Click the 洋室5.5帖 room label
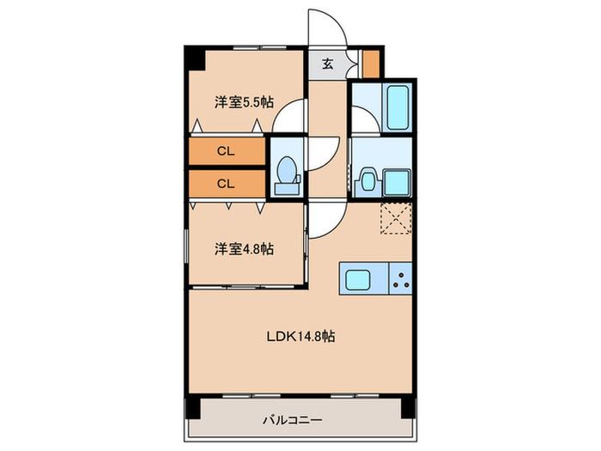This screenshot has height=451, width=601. click(244, 101)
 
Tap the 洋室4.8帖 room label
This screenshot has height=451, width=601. click(244, 249)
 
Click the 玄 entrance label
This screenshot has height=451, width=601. click(328, 64)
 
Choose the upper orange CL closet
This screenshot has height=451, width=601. click(226, 151)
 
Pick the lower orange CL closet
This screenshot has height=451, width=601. click(226, 183)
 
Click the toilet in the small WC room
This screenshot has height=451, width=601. click(285, 172)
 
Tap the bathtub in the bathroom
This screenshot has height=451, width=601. click(397, 107)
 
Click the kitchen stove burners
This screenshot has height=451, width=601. click(400, 278)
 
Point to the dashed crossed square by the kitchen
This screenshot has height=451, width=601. click(397, 218)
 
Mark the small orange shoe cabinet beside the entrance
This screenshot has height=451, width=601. click(371, 64)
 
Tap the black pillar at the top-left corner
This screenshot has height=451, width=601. click(194, 58)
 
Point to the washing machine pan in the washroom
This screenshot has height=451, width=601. click(397, 181)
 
